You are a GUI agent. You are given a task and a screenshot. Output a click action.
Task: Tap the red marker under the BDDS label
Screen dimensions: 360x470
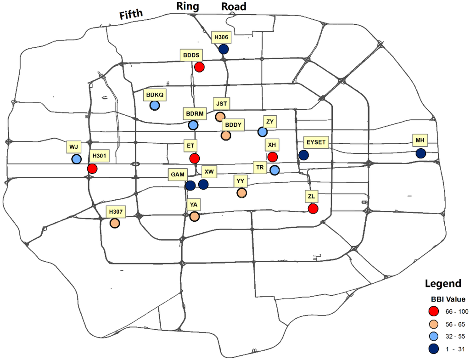[199, 67]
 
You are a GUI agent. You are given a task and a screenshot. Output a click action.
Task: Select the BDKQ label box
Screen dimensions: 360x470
[155, 95]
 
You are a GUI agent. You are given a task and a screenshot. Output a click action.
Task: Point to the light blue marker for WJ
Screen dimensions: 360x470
[76, 159]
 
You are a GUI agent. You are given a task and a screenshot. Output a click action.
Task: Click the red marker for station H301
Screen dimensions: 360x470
[92, 169]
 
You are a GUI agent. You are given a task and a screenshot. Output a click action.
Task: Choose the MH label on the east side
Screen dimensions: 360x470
[420, 140]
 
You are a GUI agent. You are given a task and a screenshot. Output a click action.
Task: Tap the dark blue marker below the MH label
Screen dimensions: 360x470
[420, 153]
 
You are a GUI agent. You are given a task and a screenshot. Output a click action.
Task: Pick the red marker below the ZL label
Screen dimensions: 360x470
[313, 209]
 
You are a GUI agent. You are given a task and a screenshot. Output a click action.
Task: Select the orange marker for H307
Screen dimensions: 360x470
[114, 223]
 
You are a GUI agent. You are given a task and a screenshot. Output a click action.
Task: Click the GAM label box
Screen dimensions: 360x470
[178, 175]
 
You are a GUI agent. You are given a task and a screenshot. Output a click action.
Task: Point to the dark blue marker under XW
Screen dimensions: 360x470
[203, 184]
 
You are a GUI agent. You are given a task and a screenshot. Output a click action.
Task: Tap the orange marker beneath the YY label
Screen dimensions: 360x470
[241, 193]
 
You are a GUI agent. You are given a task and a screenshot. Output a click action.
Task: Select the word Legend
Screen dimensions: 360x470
[443, 283]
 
